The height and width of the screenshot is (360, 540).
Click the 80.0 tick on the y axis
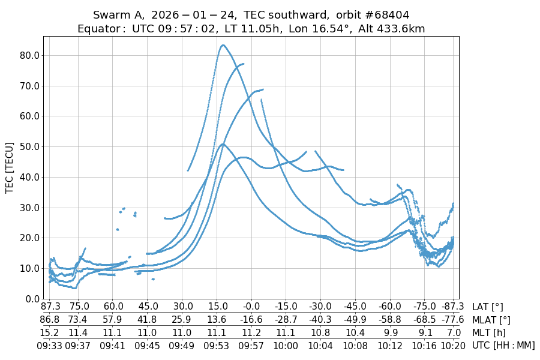pyautogui.click(x=28, y=55)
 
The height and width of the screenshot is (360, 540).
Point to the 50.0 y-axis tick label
pyautogui.click(x=28, y=146)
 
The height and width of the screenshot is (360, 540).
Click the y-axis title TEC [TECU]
pyautogui.click(x=9, y=167)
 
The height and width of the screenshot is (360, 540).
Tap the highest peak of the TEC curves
pyautogui.click(x=223, y=45)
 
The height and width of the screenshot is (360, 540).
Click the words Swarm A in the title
pyautogui.click(x=119, y=14)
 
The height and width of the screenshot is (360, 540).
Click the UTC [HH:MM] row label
pyautogui.click(x=503, y=346)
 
